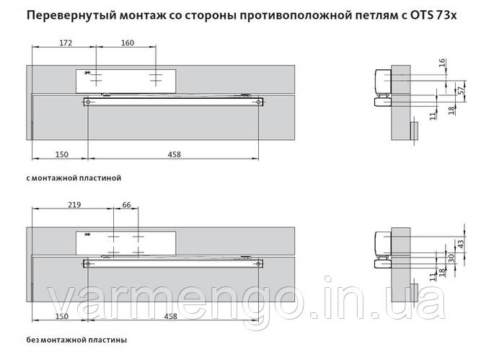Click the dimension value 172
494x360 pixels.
coord(66,43)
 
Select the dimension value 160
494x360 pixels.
coord(128,43)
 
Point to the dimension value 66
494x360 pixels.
coord(128,206)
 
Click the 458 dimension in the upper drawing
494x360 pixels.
coord(173,154)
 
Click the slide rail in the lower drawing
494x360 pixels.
coord(173,263)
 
